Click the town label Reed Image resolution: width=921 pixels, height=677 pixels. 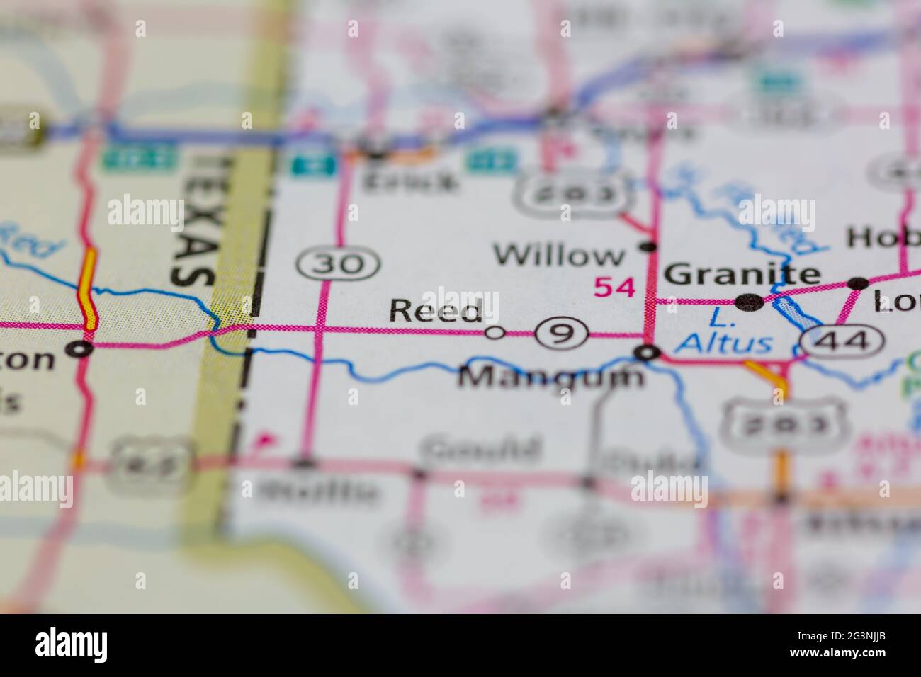click(436, 310)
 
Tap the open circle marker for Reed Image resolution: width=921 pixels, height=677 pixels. click(495, 332)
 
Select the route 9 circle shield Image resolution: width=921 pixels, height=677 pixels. click(562, 332)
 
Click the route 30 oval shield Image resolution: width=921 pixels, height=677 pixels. click(339, 265)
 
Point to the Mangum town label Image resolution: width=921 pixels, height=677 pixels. click(551, 377)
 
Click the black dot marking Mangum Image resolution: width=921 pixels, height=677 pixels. click(646, 351)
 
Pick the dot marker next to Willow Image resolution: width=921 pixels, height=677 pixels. click(647, 246)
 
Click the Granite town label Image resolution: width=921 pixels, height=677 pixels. click(743, 273)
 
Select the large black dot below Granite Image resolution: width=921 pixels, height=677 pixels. click(750, 302)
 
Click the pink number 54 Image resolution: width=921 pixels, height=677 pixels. click(614, 288)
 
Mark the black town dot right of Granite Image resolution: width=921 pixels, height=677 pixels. click(859, 283)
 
